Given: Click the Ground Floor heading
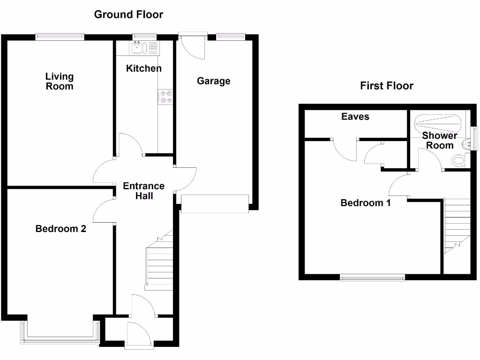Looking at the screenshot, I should (128, 15).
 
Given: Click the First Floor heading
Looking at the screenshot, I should (386, 86).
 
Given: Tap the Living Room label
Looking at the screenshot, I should (60, 81).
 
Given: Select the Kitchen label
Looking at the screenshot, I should (144, 68).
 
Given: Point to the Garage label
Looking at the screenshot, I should (213, 81).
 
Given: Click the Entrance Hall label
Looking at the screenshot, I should (144, 191).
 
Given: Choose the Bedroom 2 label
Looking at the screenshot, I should (61, 229).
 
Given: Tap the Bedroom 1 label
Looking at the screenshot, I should (366, 203).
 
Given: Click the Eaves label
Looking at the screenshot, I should (355, 117).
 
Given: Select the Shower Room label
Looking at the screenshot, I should (440, 140).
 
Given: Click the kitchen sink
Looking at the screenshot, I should (139, 47).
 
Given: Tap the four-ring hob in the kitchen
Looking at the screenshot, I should (165, 97).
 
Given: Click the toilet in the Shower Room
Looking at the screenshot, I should (459, 161).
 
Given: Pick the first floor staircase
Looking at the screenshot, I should (457, 225).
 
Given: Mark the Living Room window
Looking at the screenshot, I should (60, 37).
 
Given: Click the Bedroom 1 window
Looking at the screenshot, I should (372, 277).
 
